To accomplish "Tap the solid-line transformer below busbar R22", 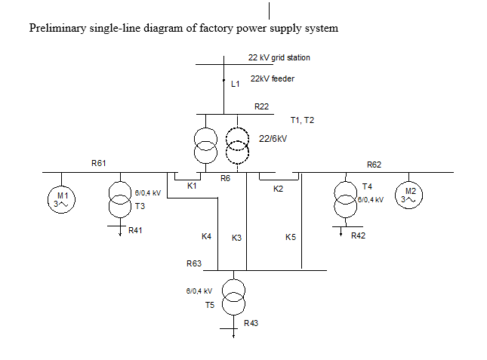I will pyautogui.click(x=205, y=145).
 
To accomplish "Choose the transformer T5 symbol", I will pyautogui.click(x=233, y=296).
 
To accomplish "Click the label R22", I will pyautogui.click(x=262, y=106).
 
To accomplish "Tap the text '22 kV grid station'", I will pyautogui.click(x=279, y=57).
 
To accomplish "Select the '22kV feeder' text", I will pyautogui.click(x=272, y=78).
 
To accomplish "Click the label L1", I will pyautogui.click(x=236, y=85).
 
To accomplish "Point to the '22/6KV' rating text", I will pyautogui.click(x=273, y=139).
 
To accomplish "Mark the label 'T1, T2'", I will pyautogui.click(x=302, y=121).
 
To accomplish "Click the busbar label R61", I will pyautogui.click(x=99, y=163).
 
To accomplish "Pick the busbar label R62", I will pyautogui.click(x=374, y=164).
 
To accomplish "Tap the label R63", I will pyautogui.click(x=194, y=263).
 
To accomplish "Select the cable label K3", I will pyautogui.click(x=236, y=238).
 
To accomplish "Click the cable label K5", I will pyautogui.click(x=291, y=237).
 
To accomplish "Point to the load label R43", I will pyautogui.click(x=251, y=323).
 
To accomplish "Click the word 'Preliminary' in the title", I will pyautogui.click(x=55, y=29).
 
